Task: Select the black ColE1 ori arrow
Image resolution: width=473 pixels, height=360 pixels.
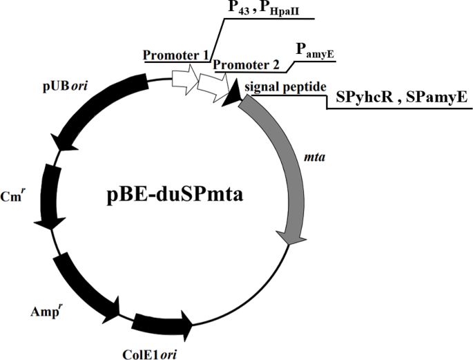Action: coord(162,322)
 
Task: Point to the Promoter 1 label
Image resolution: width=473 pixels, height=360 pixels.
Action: coord(175,55)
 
